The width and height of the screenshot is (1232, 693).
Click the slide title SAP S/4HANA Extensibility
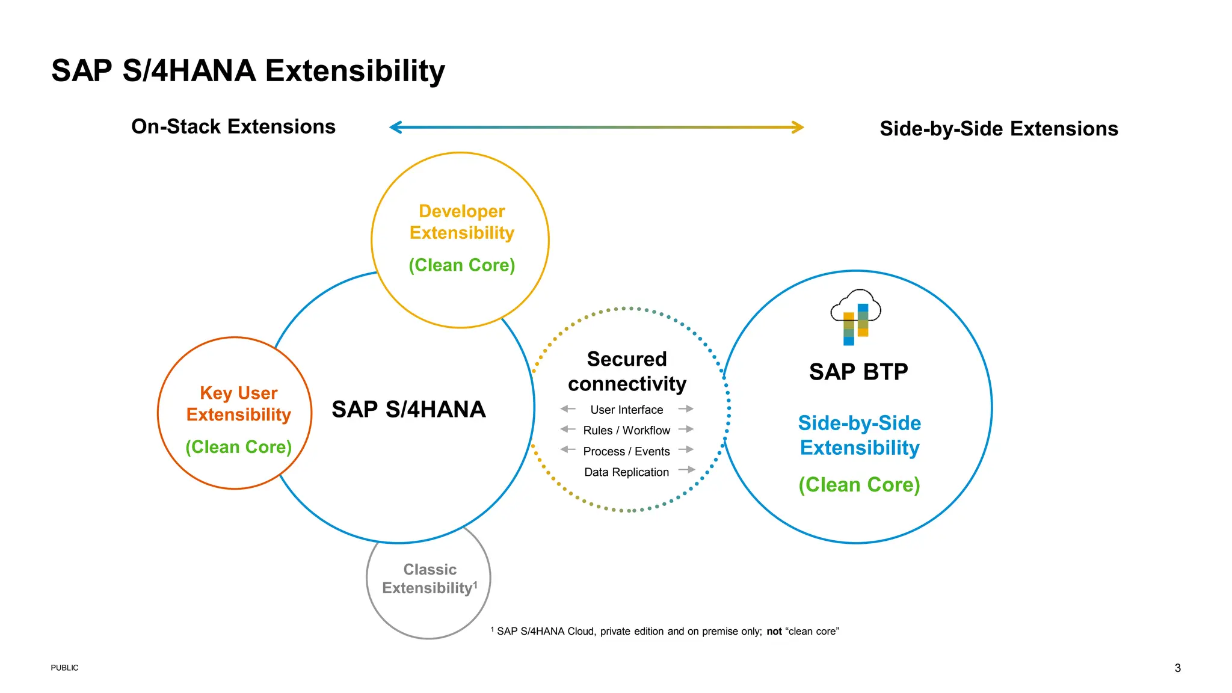pos(248,71)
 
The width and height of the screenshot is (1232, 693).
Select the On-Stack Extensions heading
pos(233,127)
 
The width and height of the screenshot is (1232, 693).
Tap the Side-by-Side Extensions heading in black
pos(999,129)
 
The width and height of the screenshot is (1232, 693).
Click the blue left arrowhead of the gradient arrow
pos(395,127)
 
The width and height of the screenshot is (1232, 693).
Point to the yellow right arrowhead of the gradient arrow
pos(798,127)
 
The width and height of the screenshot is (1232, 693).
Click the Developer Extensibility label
pos(461,222)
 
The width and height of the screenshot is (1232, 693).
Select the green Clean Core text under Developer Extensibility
pos(461,265)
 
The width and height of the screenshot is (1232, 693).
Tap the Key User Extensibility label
pos(239,404)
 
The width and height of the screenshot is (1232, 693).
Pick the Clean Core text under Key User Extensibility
pos(239,447)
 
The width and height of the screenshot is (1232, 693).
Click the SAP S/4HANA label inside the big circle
pos(408,410)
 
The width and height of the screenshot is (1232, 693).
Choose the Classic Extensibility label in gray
pos(430,579)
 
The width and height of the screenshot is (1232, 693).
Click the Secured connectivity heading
pos(627,371)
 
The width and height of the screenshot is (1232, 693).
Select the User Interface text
pos(626,410)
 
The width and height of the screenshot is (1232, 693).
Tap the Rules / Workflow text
pos(626,431)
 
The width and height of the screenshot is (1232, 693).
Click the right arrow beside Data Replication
pos(687,470)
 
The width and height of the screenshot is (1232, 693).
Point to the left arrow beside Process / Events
pos(567,449)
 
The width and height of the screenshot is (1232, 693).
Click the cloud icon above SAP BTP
pos(856,316)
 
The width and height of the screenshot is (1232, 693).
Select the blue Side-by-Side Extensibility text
pos(859,436)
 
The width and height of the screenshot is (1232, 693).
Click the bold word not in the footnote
pos(774,632)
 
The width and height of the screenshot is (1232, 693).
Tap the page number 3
pos(1177,668)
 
